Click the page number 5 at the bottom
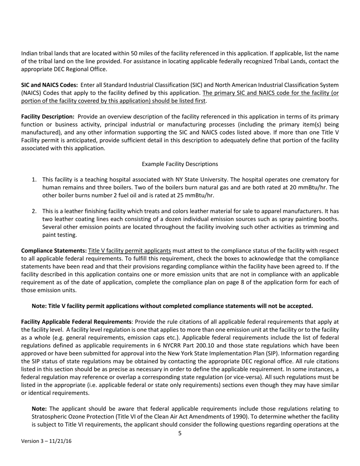pyautogui.click(x=180, y=433)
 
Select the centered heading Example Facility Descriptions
pyautogui.click(x=180, y=164)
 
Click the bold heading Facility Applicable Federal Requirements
pyautogui.click(x=76, y=322)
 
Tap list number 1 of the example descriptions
pyautogui.click(x=34, y=180)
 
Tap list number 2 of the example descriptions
pyautogui.click(x=34, y=211)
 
